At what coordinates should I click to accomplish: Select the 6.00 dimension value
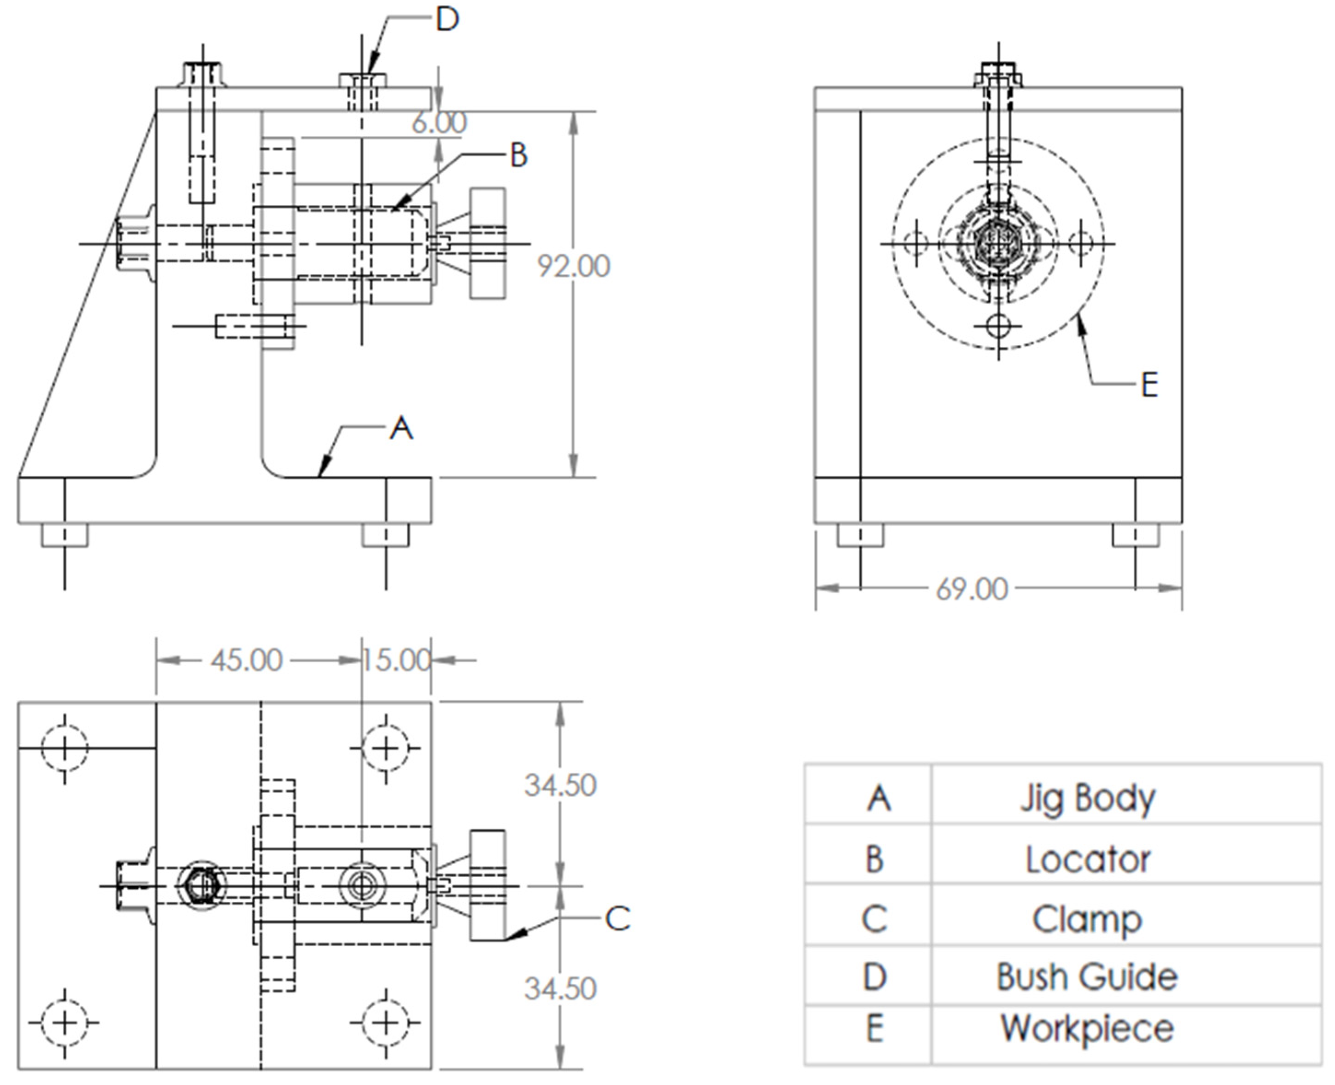click(439, 122)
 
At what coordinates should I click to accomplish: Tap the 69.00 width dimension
click(972, 589)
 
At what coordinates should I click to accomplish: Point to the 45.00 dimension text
click(246, 660)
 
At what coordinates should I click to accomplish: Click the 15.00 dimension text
click(396, 660)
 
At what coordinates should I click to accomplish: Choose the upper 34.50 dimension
click(560, 786)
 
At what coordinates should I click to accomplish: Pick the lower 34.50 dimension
click(560, 989)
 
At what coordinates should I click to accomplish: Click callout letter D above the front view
click(448, 20)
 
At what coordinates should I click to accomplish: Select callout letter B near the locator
click(519, 155)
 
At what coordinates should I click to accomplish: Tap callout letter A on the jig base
click(402, 429)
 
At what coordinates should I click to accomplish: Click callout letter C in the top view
click(618, 919)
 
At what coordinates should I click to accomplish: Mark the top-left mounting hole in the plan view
click(64, 748)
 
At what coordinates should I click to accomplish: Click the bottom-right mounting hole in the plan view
click(386, 1022)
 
